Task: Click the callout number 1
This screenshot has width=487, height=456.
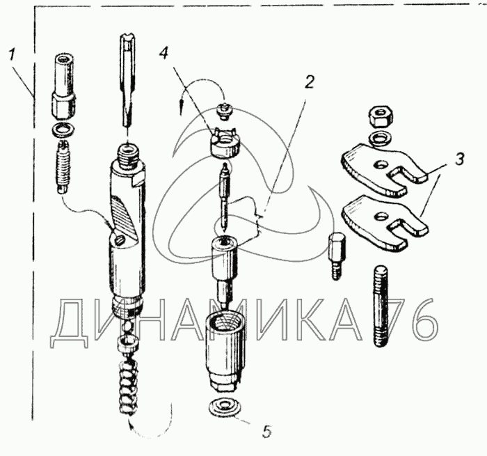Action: (x=12, y=56)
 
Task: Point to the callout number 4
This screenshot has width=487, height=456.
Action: (x=163, y=54)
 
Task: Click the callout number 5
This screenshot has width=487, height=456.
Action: (x=266, y=432)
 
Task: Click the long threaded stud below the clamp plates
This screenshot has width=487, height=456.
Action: (x=381, y=306)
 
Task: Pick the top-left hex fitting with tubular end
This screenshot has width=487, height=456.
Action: (x=63, y=86)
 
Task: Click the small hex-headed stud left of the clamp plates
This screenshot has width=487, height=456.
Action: (x=336, y=257)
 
